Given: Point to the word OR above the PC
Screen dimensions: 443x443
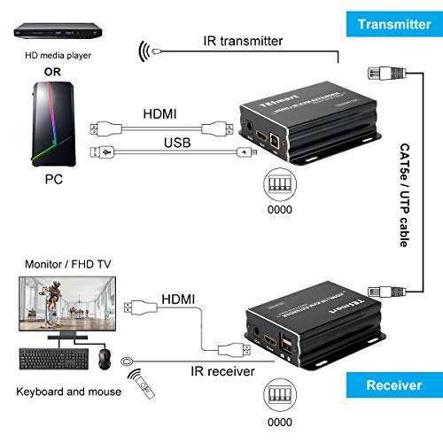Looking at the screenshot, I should point(52,73).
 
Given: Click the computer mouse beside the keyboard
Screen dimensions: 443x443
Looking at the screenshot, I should point(105,358).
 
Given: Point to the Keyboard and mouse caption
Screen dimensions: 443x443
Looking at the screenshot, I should point(58,392).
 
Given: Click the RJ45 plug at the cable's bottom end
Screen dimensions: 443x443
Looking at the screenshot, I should point(375,287).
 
